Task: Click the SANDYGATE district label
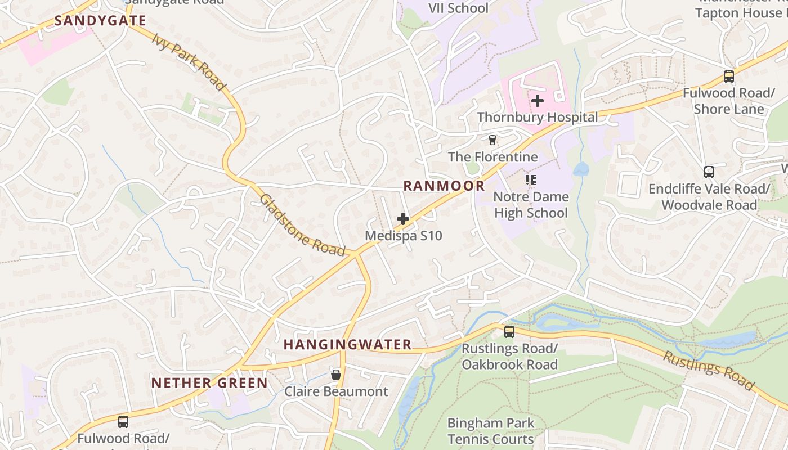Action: (x=100, y=21)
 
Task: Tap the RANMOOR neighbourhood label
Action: (x=444, y=186)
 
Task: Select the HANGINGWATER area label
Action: (x=347, y=345)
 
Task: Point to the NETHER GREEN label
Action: (x=209, y=383)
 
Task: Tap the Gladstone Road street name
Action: (x=302, y=225)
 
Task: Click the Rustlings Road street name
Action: (x=708, y=370)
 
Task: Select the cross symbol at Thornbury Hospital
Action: (x=538, y=101)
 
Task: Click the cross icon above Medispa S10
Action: (x=403, y=219)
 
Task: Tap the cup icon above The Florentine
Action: (x=492, y=139)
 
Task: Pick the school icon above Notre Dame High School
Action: (x=530, y=180)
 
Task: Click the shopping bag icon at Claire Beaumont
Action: (x=336, y=375)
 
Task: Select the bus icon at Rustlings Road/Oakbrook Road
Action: (x=509, y=332)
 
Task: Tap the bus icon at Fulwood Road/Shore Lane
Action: (x=729, y=76)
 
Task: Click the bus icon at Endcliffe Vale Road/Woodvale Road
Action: (x=709, y=172)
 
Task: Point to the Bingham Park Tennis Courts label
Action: (x=491, y=431)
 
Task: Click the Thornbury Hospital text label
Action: (x=538, y=118)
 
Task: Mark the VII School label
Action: (x=459, y=8)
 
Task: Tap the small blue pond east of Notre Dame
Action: (x=581, y=169)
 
